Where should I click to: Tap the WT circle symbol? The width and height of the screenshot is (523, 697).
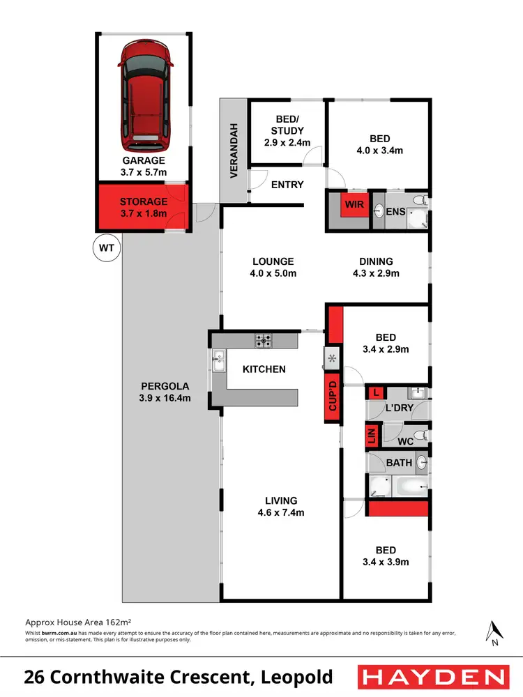click(x=107, y=247)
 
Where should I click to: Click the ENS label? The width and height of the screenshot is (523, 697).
click(x=395, y=210)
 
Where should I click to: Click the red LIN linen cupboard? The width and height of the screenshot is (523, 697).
click(x=371, y=438)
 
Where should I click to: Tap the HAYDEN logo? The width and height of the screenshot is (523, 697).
click(x=431, y=677)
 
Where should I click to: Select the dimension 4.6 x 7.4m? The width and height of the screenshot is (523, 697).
click(x=281, y=512)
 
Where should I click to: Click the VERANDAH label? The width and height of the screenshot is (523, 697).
click(x=235, y=151)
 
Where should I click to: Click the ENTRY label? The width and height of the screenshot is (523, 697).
click(x=287, y=185)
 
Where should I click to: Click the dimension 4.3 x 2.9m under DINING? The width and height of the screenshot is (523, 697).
click(x=376, y=273)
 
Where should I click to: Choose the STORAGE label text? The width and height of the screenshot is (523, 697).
click(x=144, y=202)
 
